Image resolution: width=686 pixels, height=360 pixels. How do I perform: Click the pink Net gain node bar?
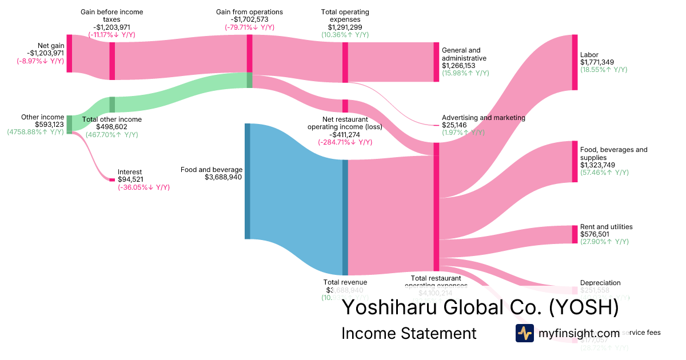[x=69, y=53]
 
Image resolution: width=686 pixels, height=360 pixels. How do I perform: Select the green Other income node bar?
[x=69, y=124]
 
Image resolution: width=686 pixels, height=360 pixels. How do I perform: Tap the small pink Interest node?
[x=112, y=180]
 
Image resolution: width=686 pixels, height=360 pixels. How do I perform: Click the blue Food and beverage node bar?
[x=248, y=181]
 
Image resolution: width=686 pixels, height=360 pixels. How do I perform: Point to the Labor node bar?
[x=575, y=62]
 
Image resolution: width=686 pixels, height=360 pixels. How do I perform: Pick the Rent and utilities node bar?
[x=575, y=234]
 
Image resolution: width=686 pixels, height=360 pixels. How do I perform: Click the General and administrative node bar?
[x=436, y=62]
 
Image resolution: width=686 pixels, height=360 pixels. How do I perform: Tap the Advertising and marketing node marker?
[x=436, y=125]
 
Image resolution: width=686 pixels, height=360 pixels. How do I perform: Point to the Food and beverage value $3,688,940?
[x=224, y=177]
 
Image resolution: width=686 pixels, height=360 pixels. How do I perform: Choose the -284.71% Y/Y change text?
[x=345, y=142]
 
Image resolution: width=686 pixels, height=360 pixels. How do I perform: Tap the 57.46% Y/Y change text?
[x=604, y=173]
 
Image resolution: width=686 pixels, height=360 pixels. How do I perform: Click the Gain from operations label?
[x=249, y=12]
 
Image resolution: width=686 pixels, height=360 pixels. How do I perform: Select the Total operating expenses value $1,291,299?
[x=345, y=27]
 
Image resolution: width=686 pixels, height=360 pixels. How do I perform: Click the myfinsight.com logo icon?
[x=524, y=333]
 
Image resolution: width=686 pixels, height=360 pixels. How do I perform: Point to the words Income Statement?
[x=408, y=333]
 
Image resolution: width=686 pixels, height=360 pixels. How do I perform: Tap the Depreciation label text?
[x=600, y=283]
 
